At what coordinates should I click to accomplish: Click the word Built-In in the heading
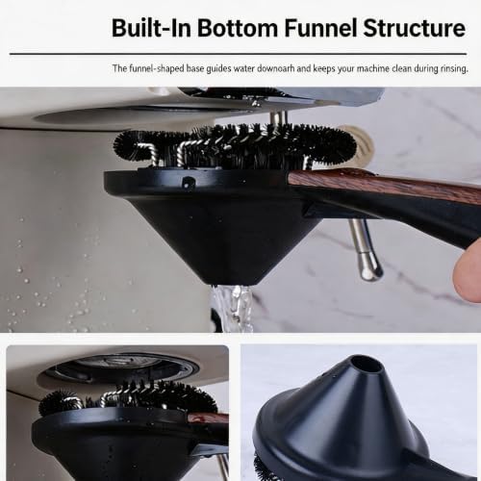pyautogui.click(x=151, y=28)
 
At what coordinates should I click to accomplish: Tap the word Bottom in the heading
pyautogui.click(x=238, y=28)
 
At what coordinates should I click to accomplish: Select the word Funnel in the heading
pyautogui.click(x=320, y=28)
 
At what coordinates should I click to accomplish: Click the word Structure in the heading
pyautogui.click(x=415, y=28)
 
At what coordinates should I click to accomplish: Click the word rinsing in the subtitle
pyautogui.click(x=454, y=69)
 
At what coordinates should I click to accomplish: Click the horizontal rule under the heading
pyautogui.click(x=238, y=54)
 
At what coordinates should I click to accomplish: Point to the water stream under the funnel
pyautogui.click(x=234, y=309)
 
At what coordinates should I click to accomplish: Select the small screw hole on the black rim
pyautogui.click(x=187, y=182)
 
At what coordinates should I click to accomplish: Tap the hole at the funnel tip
pyautogui.click(x=367, y=365)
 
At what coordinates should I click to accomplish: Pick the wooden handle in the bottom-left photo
pyautogui.click(x=208, y=418)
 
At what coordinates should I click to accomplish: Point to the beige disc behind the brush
pyautogui.click(x=362, y=141)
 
